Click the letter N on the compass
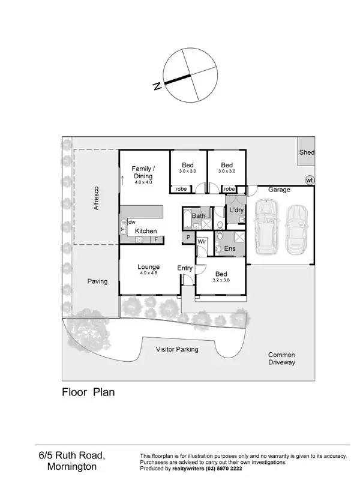[157, 86]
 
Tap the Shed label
[307, 152]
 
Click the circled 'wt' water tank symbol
[310, 179]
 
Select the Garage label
[279, 190]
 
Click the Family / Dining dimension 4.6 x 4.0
[143, 182]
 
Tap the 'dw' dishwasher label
[132, 222]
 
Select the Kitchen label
[146, 231]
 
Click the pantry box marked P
[188, 238]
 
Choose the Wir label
[202, 242]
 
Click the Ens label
[230, 248]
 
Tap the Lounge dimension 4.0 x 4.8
[148, 274]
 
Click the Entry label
[185, 268]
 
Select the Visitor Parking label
[177, 349]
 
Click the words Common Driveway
[281, 358]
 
